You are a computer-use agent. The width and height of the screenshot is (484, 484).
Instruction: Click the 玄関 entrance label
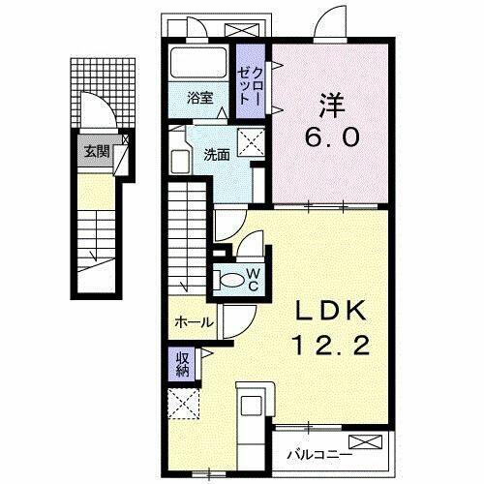coord(95,151)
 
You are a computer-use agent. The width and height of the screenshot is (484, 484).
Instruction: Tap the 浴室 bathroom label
coord(200,97)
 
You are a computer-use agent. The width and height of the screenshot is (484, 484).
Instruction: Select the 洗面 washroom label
coord(216,153)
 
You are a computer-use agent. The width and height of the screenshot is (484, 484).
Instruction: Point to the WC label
coord(252,280)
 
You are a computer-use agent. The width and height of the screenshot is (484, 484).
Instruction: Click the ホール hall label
coord(194,322)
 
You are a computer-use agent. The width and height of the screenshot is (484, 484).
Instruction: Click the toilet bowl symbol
coord(230,280)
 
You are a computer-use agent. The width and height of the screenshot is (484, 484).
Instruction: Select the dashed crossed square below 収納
coord(181,401)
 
